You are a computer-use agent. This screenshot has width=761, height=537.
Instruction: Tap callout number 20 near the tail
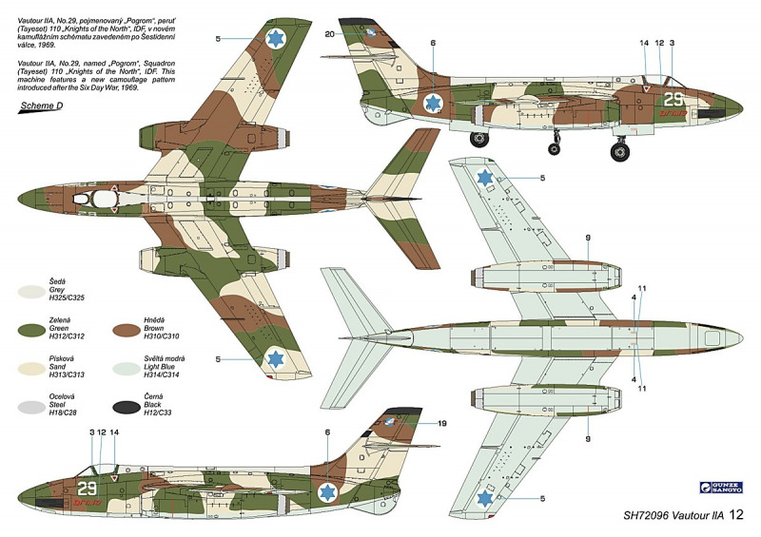pyautogui.click(x=329, y=35)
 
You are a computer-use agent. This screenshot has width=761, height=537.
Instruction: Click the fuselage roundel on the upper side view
pyautogui.click(x=433, y=103)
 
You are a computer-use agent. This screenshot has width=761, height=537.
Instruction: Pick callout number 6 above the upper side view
pyautogui.click(x=433, y=43)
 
